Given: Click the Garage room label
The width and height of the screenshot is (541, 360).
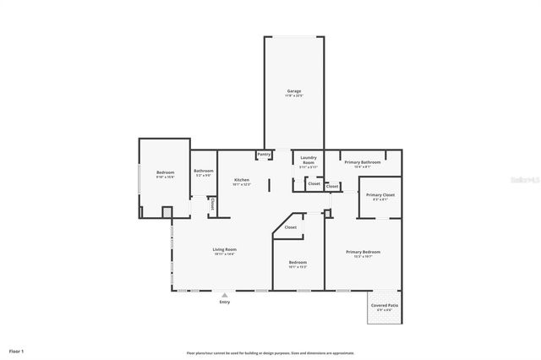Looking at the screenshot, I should [x=293, y=90].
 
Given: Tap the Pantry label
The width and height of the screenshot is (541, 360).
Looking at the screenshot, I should [x=264, y=155].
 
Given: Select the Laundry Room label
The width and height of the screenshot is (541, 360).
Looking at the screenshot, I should [x=308, y=159].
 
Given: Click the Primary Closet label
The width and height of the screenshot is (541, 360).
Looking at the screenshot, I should [x=380, y=194].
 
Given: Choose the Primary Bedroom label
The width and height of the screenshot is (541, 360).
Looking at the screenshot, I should [x=363, y=252].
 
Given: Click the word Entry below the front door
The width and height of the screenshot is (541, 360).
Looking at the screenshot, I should [x=224, y=302].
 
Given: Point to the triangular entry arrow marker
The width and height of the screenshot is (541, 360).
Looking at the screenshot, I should [x=224, y=294].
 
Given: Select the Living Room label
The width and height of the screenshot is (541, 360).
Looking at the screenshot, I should [x=224, y=249].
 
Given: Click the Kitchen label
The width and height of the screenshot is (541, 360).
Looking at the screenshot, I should [x=242, y=180].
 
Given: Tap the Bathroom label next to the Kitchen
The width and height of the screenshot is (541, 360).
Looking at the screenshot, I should [x=203, y=172].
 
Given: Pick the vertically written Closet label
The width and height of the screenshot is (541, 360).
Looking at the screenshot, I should [x=212, y=205].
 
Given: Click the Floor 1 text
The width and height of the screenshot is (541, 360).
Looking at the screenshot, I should [x=16, y=350].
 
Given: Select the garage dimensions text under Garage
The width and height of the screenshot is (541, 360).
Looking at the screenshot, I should [x=293, y=95].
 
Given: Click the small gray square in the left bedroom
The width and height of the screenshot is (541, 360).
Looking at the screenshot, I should [x=167, y=212].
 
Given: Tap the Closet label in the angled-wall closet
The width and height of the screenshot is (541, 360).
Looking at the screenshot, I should [x=290, y=226].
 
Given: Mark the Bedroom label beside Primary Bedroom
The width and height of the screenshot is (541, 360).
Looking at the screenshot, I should [x=298, y=262].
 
